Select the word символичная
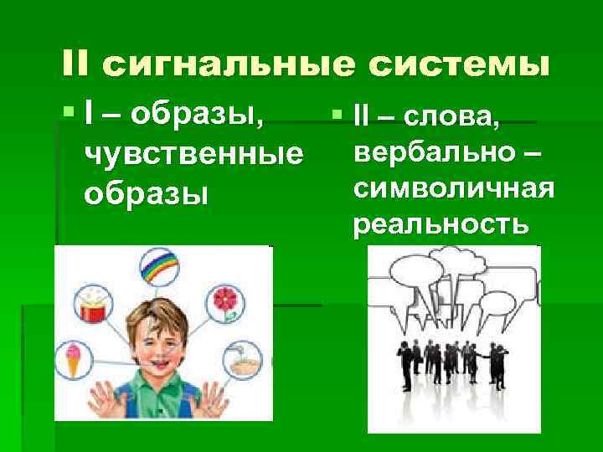[453, 189]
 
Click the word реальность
[441, 223]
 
